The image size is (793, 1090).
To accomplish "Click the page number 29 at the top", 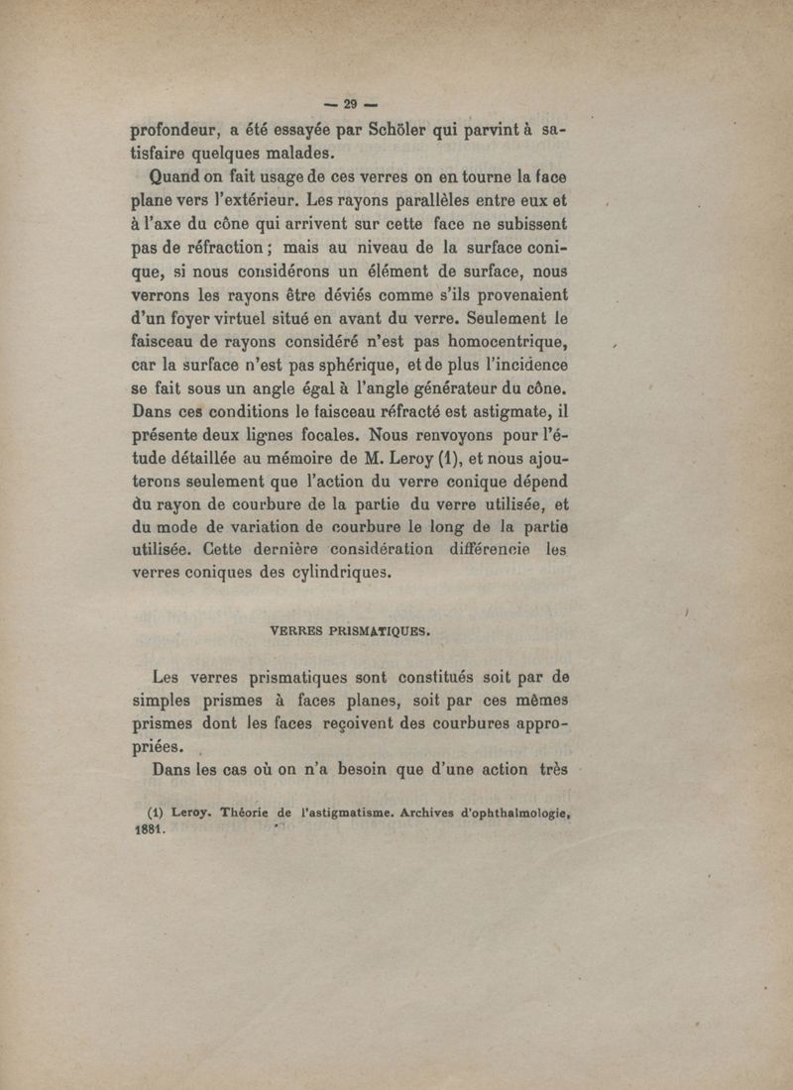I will tap(348, 104).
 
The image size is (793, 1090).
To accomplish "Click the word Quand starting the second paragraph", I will tap(175, 179).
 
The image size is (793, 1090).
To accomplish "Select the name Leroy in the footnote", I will tap(191, 814).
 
